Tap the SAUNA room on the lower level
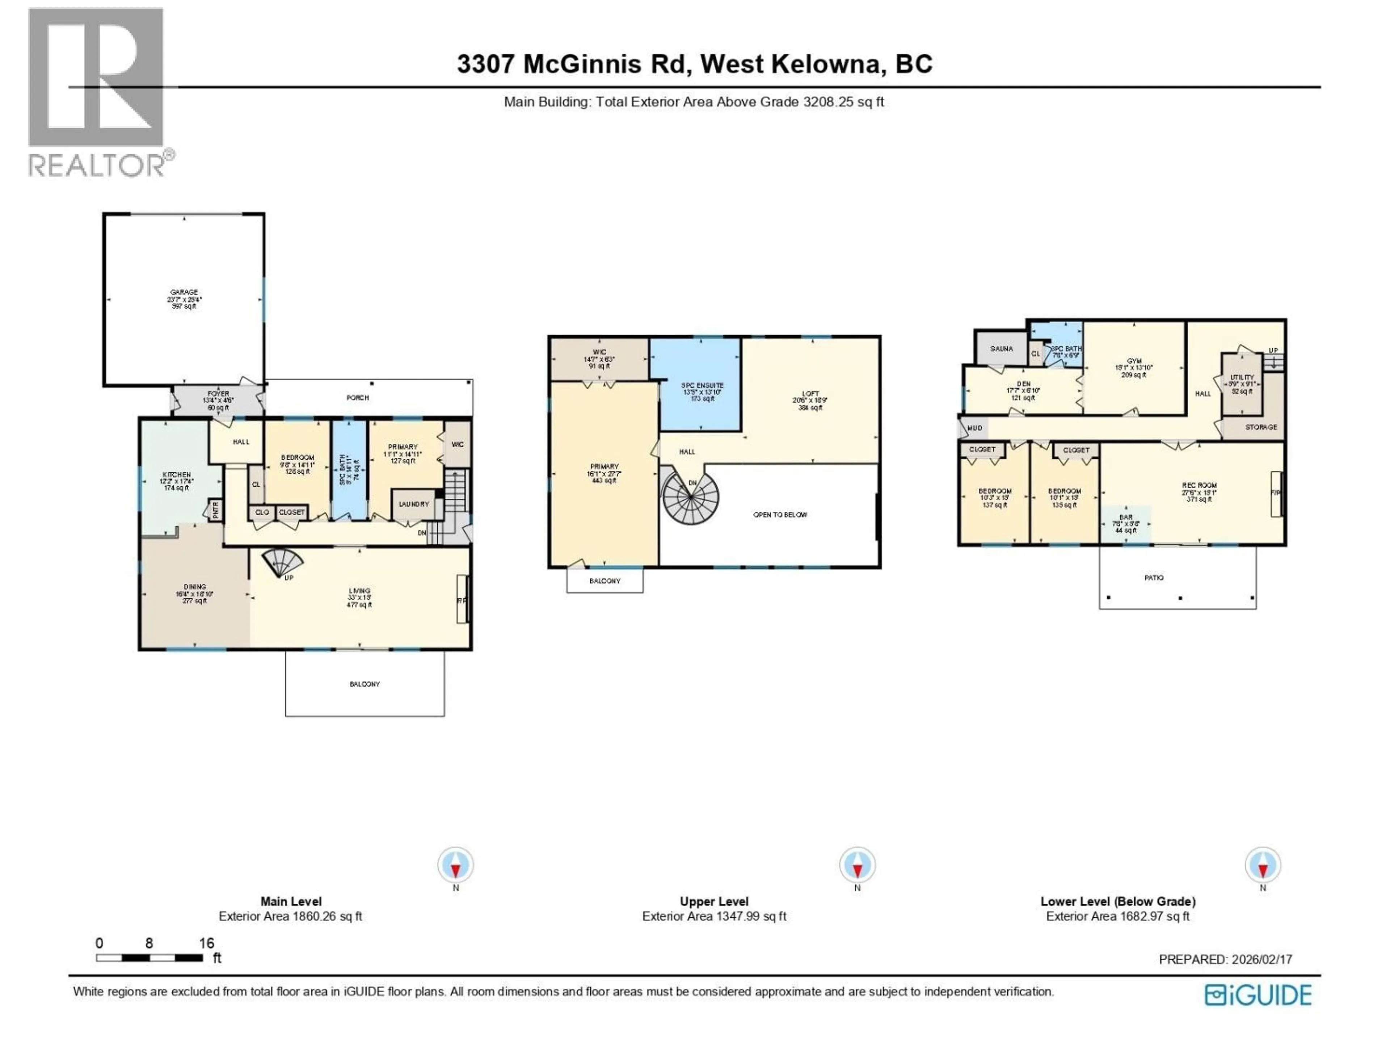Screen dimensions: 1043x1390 pyautogui.click(x=1001, y=349)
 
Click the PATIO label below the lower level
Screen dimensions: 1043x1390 pyautogui.click(x=1154, y=577)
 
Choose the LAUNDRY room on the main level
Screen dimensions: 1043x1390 pyautogui.click(x=413, y=504)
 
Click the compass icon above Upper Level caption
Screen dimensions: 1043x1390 pyautogui.click(x=857, y=865)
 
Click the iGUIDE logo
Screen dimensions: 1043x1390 pyautogui.click(x=1258, y=995)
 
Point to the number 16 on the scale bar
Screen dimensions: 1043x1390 pyautogui.click(x=207, y=943)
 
